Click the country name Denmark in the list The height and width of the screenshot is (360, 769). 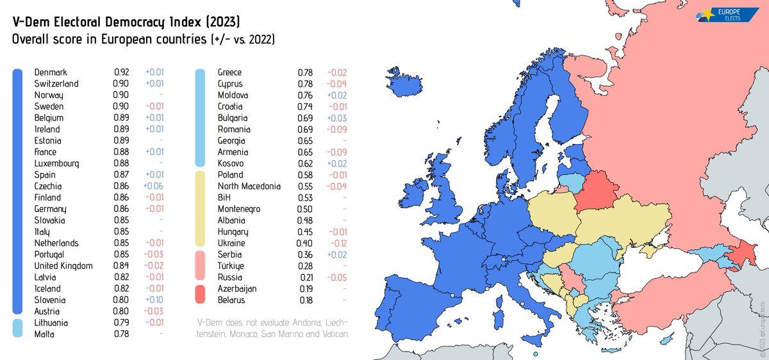[51, 72]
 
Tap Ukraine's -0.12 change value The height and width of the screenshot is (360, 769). [337, 243]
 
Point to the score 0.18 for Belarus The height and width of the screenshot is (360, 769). [305, 299]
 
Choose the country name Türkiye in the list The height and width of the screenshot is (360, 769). [230, 265]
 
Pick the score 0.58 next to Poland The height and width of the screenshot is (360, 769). [305, 175]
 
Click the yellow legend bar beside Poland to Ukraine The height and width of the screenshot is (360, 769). [200, 208]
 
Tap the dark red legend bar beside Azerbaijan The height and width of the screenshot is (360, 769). [200, 294]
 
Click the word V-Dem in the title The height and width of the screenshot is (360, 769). [33, 23]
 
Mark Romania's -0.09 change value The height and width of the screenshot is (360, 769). [337, 129]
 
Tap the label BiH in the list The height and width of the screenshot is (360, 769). [224, 197]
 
